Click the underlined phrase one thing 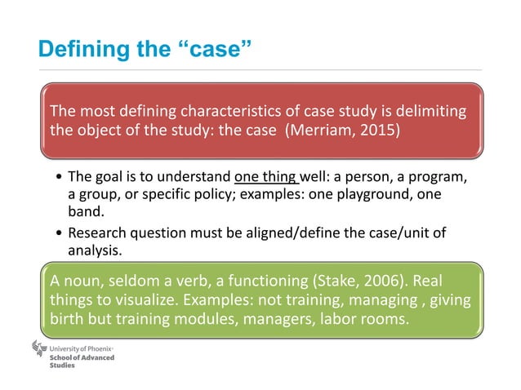pyautogui.click(x=266, y=176)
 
